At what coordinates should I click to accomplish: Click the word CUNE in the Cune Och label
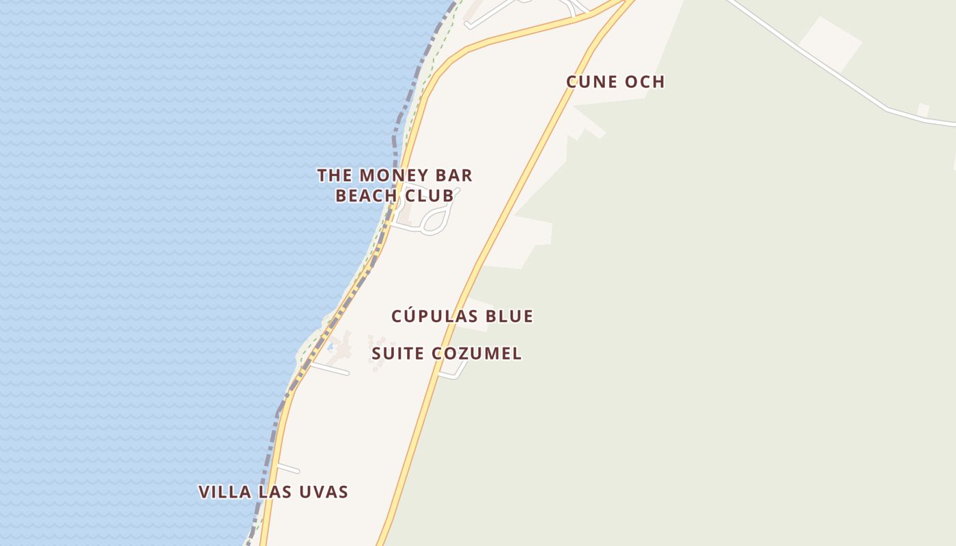[x=591, y=82]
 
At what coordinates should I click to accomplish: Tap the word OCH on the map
[x=643, y=82]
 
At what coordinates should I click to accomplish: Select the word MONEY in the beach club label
[x=392, y=175]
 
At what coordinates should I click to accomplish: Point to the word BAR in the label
[x=451, y=175]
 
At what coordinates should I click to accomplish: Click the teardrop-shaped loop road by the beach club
[x=436, y=220]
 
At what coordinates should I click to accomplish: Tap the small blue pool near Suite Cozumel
[x=331, y=347]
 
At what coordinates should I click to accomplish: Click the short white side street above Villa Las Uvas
[x=287, y=468]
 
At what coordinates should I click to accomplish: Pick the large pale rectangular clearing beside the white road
[x=830, y=42]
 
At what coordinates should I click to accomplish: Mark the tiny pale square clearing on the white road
[x=923, y=110]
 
